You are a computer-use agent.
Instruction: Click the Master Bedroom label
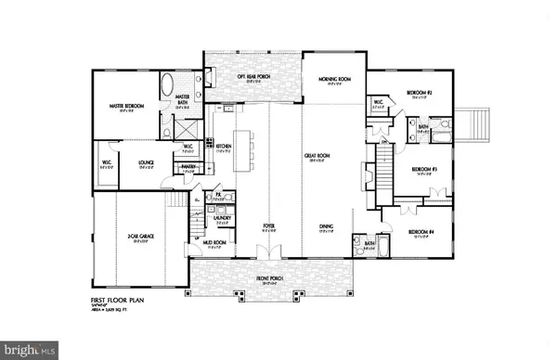pos(128,107)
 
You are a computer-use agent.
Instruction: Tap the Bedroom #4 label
pos(421,231)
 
